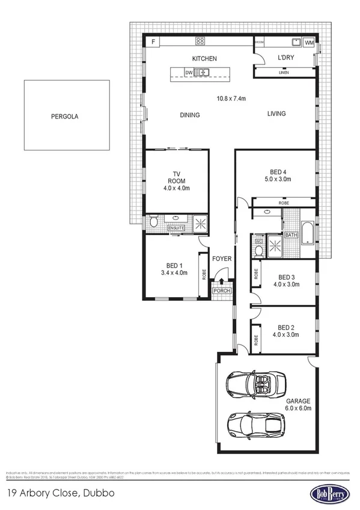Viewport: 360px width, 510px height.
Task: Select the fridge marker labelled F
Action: tap(154, 41)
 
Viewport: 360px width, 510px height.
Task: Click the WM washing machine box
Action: tap(308, 43)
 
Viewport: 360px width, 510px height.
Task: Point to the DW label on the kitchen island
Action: tap(189, 73)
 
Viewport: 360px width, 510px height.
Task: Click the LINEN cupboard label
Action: tap(284, 73)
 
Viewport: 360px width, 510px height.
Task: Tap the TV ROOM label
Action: tap(177, 180)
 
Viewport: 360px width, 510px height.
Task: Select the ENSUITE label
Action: tap(176, 228)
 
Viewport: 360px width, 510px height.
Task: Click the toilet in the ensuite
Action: tap(154, 223)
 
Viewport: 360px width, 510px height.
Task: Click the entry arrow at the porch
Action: tap(221, 280)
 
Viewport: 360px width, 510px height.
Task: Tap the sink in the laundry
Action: tap(296, 42)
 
